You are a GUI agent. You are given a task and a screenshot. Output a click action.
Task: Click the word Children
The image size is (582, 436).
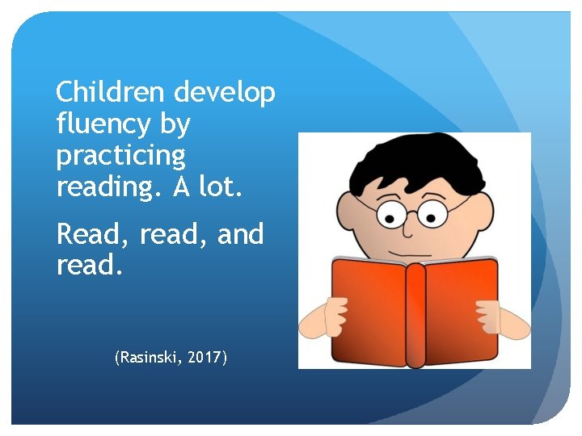(110, 94)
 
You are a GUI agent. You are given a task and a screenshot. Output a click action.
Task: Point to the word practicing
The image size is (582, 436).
(120, 155)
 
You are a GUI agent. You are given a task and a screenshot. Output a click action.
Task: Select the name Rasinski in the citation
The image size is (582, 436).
(153, 356)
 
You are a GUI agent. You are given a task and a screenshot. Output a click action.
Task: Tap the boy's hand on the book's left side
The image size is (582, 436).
(330, 317)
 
